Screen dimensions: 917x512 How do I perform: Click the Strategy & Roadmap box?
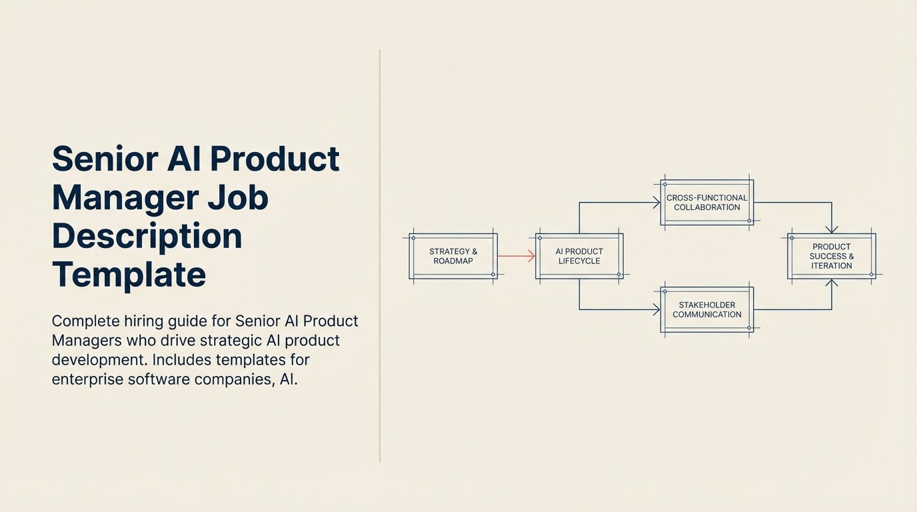[x=453, y=256]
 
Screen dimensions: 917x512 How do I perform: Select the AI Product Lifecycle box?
[x=579, y=256]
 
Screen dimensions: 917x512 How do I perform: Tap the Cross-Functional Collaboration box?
[x=707, y=202]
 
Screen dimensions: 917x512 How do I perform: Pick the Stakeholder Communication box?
[x=707, y=309]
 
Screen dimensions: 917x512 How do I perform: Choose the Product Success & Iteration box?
[x=831, y=256]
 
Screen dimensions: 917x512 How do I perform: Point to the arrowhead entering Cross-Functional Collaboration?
[x=656, y=203]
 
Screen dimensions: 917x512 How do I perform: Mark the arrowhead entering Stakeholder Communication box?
[x=656, y=309]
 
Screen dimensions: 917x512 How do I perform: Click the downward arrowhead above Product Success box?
[x=832, y=228]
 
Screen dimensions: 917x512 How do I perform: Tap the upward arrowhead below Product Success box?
[x=832, y=284]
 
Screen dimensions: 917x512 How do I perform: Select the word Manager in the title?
[x=125, y=198]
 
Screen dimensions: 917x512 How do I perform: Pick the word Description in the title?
[x=147, y=236]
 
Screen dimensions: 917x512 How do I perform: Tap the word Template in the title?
[x=129, y=274]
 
